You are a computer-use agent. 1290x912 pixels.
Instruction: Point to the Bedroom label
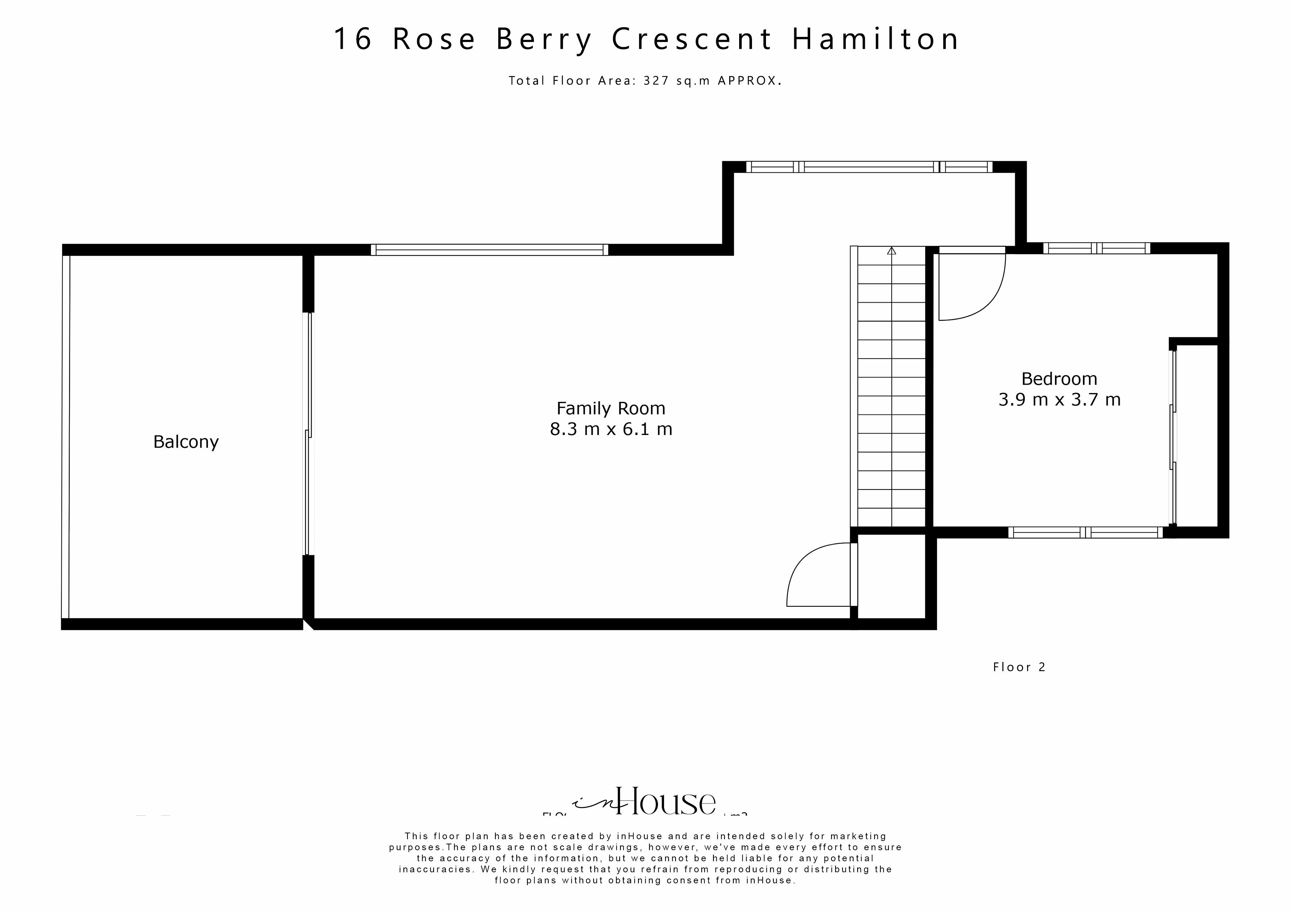tap(1059, 379)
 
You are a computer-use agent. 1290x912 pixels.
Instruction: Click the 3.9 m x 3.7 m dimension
tap(1059, 400)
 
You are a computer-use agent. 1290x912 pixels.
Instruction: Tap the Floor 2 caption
tap(1019, 667)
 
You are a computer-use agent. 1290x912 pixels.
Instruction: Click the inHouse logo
tap(646, 802)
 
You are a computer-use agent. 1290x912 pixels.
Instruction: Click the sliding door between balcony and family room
tap(307, 434)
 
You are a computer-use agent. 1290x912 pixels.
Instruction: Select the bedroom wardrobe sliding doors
tap(1173, 438)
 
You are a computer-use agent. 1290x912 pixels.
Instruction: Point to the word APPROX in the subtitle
tap(747, 81)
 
